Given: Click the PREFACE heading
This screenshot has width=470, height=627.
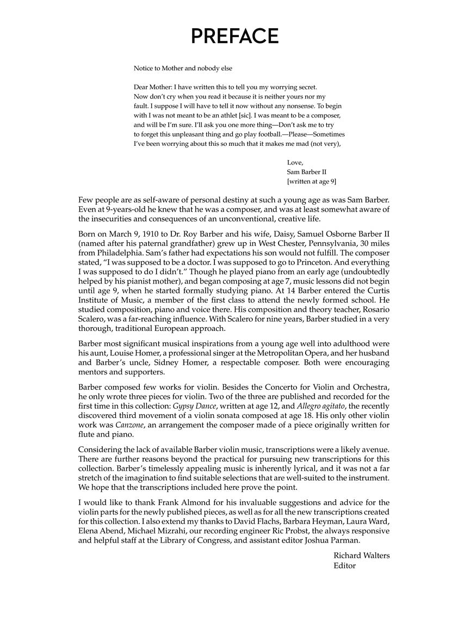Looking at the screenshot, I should point(234,36).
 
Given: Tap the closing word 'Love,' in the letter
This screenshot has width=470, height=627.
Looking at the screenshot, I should point(295,162).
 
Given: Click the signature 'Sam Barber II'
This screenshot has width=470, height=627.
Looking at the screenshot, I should point(307,172).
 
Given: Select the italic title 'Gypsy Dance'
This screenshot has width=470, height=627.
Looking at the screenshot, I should point(193,406).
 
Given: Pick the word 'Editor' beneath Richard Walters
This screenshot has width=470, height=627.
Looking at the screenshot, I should point(344,565).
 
